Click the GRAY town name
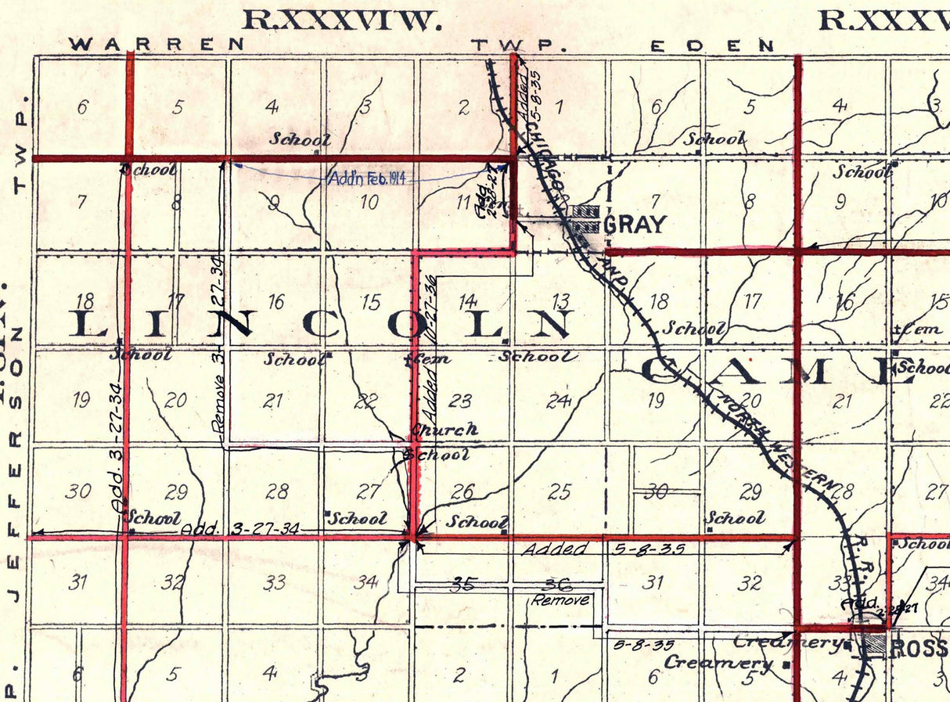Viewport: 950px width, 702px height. [x=635, y=225]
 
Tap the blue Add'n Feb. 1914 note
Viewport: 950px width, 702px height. [x=372, y=178]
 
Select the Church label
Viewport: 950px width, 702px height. [x=444, y=430]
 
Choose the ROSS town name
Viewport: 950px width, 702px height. [x=920, y=649]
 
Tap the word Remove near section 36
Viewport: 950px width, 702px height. [x=560, y=600]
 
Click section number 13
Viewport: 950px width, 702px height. [x=560, y=302]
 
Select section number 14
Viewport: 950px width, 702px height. [x=467, y=302]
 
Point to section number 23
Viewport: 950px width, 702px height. [x=460, y=401]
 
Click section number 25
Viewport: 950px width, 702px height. [x=559, y=491]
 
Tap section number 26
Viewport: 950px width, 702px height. [x=462, y=491]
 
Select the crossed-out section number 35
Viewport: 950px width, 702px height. [x=466, y=583]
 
